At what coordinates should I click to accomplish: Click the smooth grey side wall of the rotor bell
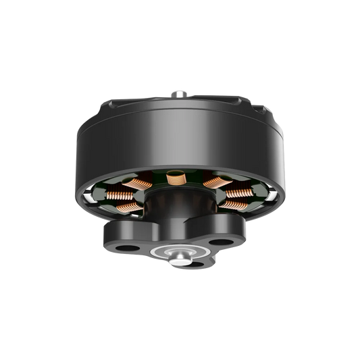(180, 145)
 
